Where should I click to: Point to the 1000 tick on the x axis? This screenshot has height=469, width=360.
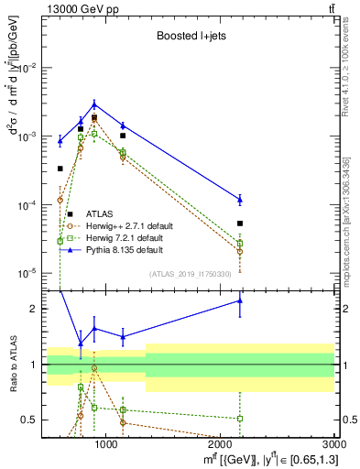click(x=106, y=445)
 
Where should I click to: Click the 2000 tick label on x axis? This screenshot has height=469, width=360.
click(x=222, y=445)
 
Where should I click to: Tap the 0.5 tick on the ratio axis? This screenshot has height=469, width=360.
click(x=31, y=420)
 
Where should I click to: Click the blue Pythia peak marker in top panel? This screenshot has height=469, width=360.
click(x=93, y=104)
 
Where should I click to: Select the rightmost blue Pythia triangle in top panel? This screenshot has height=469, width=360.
click(x=240, y=199)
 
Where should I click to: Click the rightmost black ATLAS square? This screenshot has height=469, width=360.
click(x=240, y=224)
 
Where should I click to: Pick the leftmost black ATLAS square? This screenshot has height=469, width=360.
click(x=60, y=169)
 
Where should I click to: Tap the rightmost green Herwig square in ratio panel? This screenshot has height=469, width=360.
click(x=240, y=418)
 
